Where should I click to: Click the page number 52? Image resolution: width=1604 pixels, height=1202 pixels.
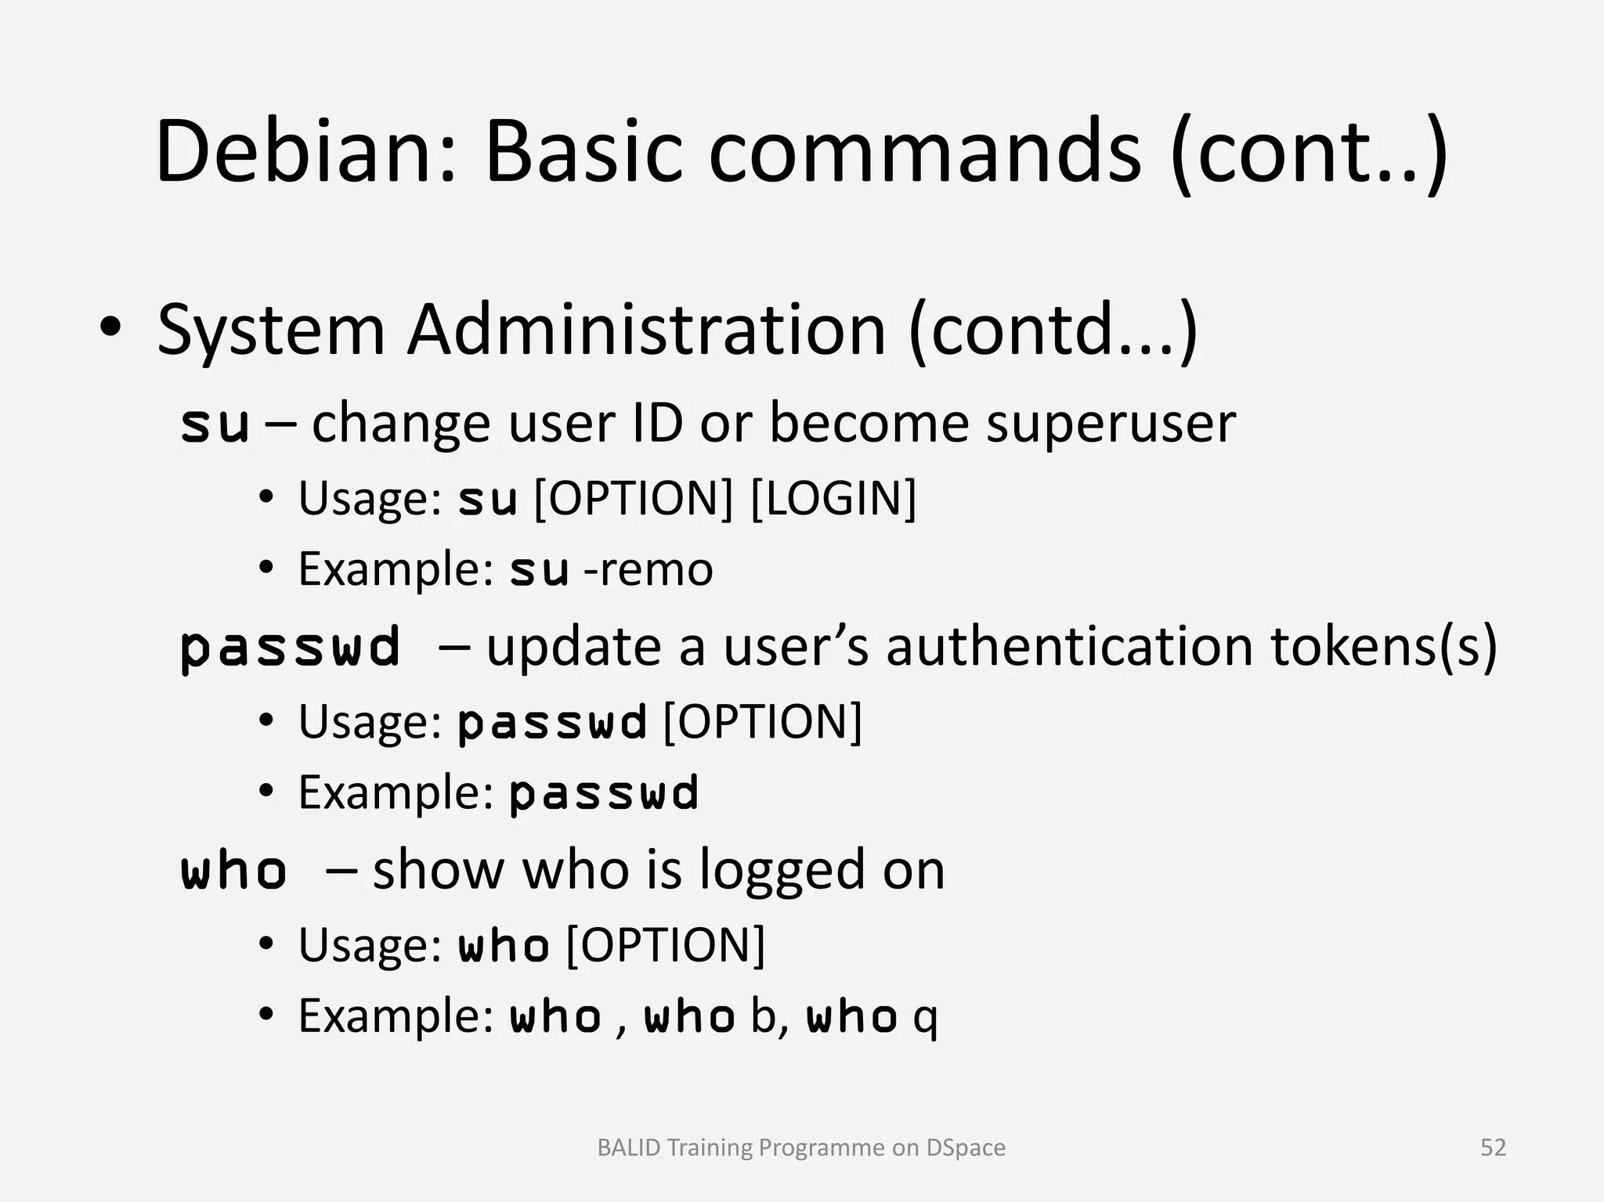pyautogui.click(x=1493, y=1148)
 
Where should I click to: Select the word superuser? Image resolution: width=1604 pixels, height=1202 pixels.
pyautogui.click(x=1111, y=424)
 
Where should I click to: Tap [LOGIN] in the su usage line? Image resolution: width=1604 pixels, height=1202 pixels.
pyautogui.click(x=833, y=498)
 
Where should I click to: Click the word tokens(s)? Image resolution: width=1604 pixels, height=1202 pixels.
pyautogui.click(x=1383, y=648)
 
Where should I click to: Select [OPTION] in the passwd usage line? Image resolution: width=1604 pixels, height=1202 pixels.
pyautogui.click(x=762, y=721)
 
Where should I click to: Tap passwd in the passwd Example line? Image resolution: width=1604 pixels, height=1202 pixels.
pyautogui.click(x=603, y=793)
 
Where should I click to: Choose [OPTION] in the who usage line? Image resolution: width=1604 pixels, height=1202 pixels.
pyautogui.click(x=665, y=945)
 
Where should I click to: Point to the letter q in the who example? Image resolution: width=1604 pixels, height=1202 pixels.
pyautogui.click(x=925, y=1019)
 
